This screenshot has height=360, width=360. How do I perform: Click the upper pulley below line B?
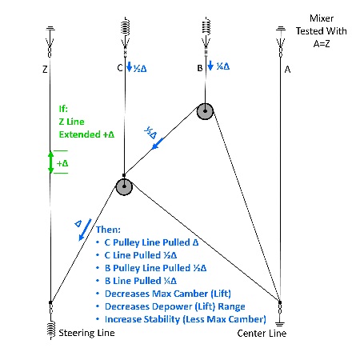point(205,111)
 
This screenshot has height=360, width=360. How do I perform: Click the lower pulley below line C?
point(124,186)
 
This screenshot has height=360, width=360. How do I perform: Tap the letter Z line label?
point(45,70)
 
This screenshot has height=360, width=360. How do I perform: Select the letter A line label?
point(287,70)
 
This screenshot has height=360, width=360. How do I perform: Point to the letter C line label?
point(120,68)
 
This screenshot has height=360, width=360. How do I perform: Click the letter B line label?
point(200,68)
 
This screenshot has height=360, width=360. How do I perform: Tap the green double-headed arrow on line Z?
point(50,162)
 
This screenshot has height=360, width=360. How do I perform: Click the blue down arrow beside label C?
point(130,66)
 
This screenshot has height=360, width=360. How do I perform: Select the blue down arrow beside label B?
point(210,66)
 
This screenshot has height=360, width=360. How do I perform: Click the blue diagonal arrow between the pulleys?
point(158,143)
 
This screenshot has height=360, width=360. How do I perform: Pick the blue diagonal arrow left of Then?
point(85,230)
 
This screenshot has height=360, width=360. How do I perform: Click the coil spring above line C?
point(125,26)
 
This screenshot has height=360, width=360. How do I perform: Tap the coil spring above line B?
point(206,26)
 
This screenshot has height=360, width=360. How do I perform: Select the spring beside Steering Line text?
point(51,330)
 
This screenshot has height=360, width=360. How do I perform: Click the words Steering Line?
point(86,333)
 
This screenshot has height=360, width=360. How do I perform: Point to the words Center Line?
point(262,333)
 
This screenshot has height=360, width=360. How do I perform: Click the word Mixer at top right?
point(322,18)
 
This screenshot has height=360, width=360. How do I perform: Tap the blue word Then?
point(108,230)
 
